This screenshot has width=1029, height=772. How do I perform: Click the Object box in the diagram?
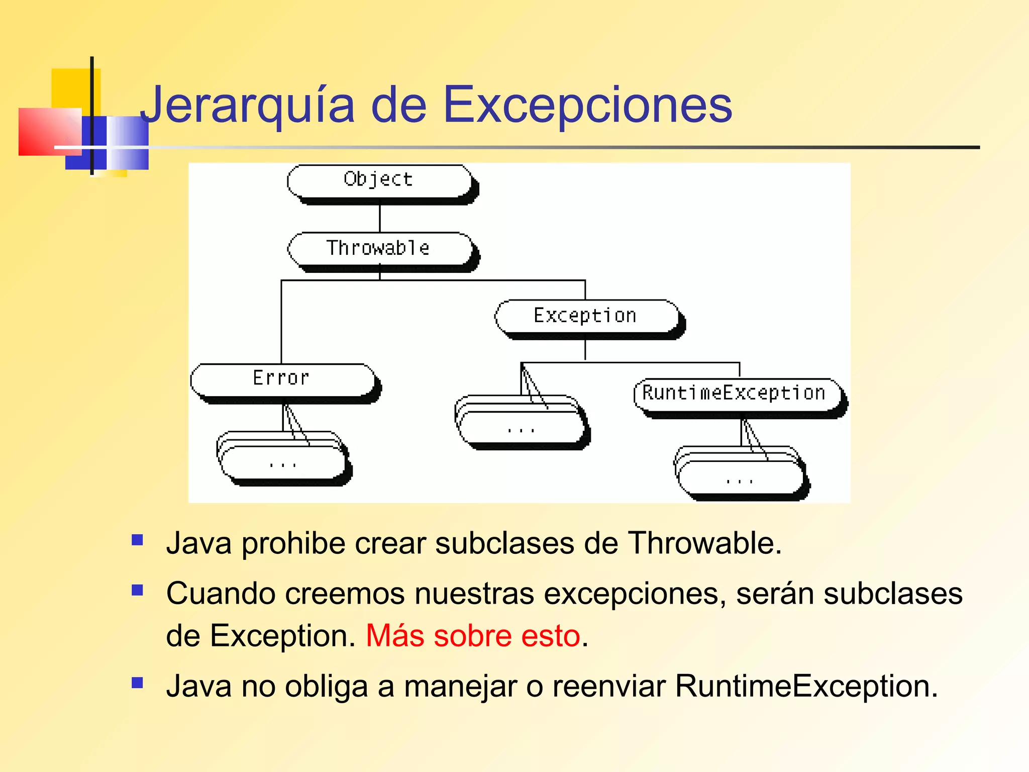click(x=379, y=181)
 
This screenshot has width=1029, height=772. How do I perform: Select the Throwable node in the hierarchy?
click(x=379, y=248)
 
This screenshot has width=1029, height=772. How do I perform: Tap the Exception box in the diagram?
click(x=586, y=316)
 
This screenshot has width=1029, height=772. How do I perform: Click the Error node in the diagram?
click(x=282, y=379)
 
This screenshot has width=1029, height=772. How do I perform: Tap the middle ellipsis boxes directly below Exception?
click(x=521, y=425)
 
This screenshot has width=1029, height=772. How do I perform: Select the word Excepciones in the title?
click(x=587, y=106)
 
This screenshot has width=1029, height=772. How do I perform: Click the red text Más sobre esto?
click(x=473, y=636)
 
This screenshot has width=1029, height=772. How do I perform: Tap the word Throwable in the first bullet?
click(x=704, y=543)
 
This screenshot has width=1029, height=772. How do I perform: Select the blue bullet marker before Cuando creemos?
click(x=137, y=590)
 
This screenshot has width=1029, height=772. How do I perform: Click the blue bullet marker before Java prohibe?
click(x=137, y=540)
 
